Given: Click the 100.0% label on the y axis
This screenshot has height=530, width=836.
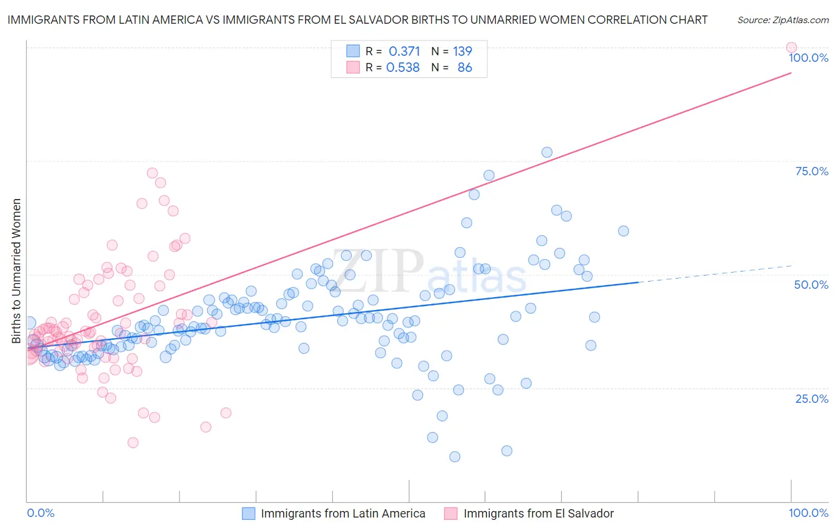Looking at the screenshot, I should pos(808,58).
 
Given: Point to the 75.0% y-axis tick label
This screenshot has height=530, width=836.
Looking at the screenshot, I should pos(812,171).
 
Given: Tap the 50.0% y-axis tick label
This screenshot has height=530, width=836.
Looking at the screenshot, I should pos(811,285).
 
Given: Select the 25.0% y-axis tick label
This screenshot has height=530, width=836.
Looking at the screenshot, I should pos(812,399).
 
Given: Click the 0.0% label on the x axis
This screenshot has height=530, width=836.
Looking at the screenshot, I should pos(40,513).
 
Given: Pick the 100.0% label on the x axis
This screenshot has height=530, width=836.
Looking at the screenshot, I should pos(808,513).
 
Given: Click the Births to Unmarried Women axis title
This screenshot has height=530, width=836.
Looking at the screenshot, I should pos(17,271).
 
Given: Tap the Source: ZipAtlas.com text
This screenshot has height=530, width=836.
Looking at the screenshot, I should pos(782,20).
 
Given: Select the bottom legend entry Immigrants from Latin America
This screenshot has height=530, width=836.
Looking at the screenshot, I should pos(342,513).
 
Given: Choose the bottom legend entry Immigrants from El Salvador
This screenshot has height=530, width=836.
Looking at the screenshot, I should pos(538,513).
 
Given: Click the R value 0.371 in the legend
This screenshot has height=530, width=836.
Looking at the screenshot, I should pos(404,52).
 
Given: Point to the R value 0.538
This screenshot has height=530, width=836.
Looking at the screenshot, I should pos(403,68).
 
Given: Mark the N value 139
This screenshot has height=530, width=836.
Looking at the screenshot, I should pos(462,52).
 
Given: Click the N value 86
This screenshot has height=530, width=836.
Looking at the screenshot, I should pos(464,68).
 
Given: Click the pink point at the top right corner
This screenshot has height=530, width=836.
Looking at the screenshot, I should pos(791,48).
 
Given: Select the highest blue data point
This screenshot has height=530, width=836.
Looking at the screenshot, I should pos(547,152).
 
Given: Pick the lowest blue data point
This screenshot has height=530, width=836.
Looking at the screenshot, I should pos(455,456).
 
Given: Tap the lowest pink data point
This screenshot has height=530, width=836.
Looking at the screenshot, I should pos(133,443).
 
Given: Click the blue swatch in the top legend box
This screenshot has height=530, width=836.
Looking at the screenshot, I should pos(353,52).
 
